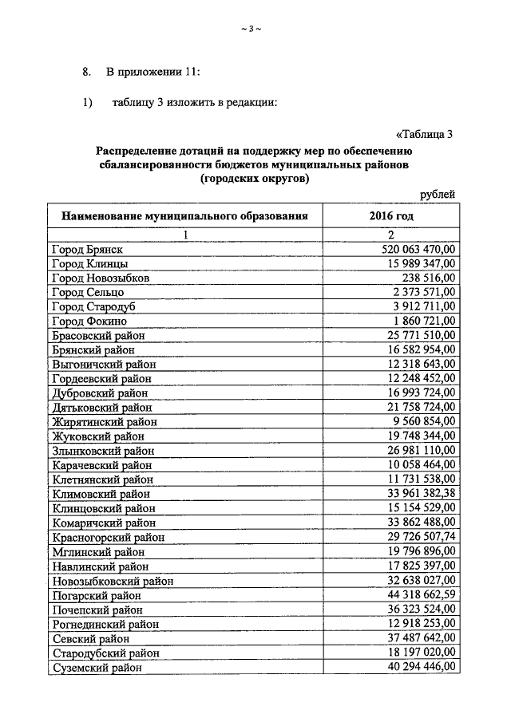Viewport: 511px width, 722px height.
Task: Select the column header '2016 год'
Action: coord(391,216)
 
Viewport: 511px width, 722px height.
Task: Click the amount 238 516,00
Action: coord(430,278)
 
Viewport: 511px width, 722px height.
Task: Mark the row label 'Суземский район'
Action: coord(97,669)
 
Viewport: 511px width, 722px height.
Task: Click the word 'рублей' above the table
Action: coord(438,194)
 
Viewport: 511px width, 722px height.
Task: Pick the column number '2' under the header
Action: coord(391,235)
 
